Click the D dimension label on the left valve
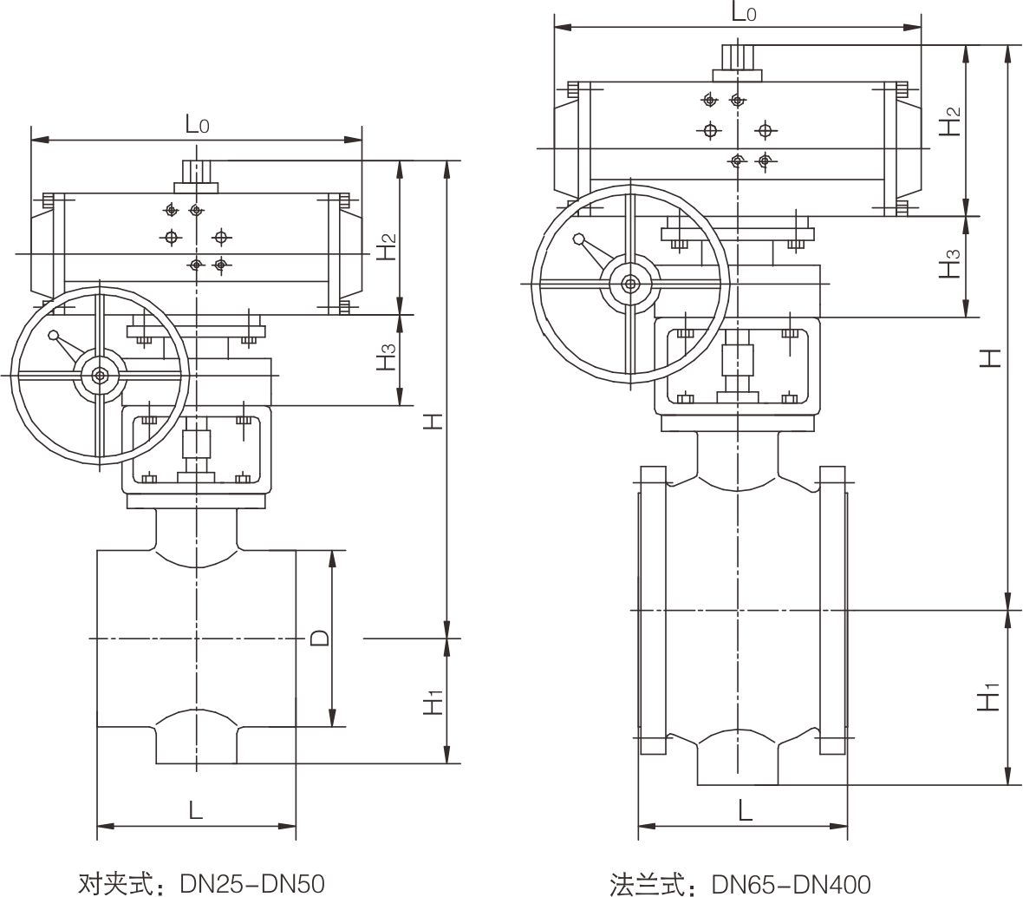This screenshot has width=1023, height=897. (319, 639)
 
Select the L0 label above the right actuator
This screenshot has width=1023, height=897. (744, 12)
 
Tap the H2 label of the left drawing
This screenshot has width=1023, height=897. (388, 247)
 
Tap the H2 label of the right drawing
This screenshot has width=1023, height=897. (951, 121)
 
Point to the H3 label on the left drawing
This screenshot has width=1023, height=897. (388, 358)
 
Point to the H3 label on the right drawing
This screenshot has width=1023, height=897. (951, 264)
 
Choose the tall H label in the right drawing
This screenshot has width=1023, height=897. (990, 356)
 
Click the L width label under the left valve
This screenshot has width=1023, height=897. (196, 811)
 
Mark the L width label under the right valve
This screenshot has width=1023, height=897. (744, 810)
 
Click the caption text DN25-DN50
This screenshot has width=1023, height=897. (252, 883)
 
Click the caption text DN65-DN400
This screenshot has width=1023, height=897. (791, 883)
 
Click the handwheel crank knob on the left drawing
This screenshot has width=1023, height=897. (54, 337)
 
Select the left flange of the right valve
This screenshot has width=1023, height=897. (653, 612)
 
